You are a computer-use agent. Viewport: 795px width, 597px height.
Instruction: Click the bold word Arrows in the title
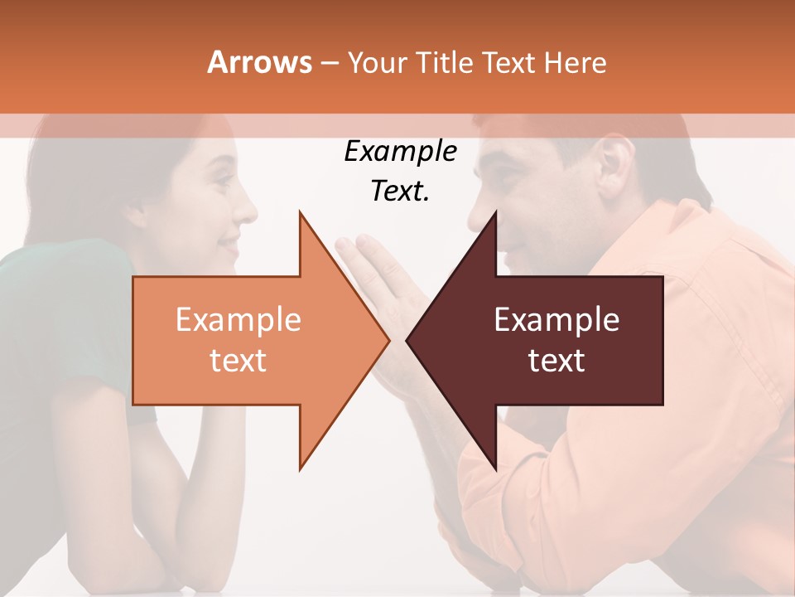pos(259,62)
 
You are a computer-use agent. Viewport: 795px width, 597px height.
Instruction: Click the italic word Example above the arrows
pos(400,153)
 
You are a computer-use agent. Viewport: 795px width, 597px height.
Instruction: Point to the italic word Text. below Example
pos(400,192)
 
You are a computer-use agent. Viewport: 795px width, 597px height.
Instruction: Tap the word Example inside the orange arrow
pos(238,320)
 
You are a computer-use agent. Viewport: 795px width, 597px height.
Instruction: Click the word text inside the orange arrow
pos(238,361)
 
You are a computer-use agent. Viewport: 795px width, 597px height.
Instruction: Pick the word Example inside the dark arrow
pos(556,320)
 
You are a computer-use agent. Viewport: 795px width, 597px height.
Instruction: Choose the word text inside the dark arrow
pos(556,361)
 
